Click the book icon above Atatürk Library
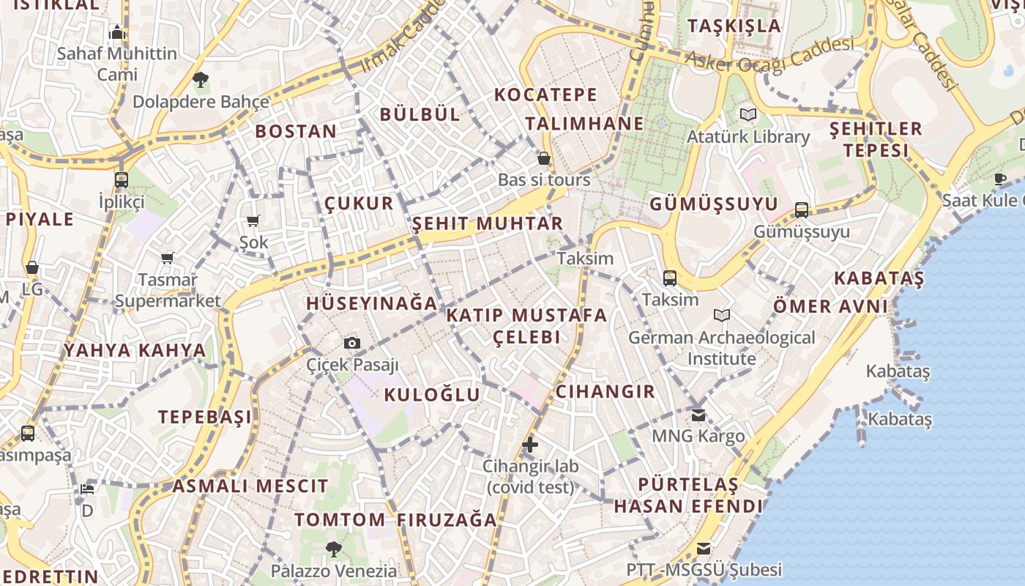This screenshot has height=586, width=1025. coord(748,115)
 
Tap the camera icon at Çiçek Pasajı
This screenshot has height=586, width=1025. coord(352,343)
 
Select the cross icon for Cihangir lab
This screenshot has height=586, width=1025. coord(530,444)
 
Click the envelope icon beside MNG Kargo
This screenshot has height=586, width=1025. coord(698,415)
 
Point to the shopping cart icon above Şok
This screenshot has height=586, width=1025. coord(253,220)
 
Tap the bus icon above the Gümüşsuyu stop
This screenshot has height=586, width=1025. coord(802,210)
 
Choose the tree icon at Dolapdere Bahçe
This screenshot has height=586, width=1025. coord(201,79)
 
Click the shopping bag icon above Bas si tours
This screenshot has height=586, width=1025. coord(544,158)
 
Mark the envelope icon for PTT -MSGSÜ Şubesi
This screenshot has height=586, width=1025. coord(704,548)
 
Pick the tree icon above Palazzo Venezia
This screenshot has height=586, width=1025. coord(334,549)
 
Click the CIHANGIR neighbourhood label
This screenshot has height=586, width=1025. coord(605,391)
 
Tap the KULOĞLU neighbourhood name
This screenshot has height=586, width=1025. coord(432,395)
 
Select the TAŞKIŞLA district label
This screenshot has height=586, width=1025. coord(734,26)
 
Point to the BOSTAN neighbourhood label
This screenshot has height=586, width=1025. coord(296,132)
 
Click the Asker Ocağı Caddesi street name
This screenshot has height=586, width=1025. coord(769,56)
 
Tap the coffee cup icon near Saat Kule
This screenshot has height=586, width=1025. coord(1000,179)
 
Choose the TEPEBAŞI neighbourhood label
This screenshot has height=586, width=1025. coord(205,417)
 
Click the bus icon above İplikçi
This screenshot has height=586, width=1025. coord(122,179)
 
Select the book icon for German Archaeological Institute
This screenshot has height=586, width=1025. coord(722,316)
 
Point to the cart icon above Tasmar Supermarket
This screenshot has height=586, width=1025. coord(168,258)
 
